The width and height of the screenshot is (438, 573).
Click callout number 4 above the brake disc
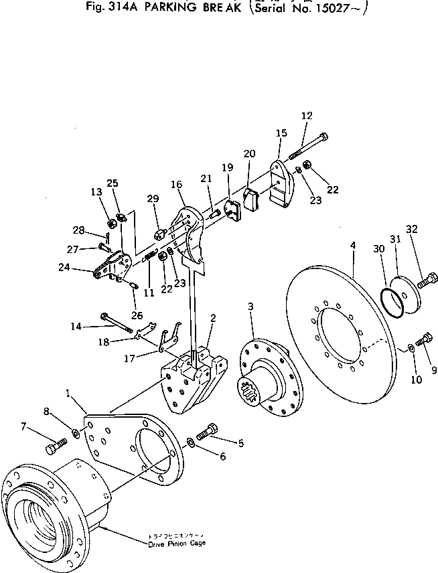tap(353, 246)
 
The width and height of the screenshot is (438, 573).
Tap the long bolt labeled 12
tap(309, 148)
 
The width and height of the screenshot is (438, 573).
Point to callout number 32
tap(411, 228)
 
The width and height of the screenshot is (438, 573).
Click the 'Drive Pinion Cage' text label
tap(177, 544)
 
